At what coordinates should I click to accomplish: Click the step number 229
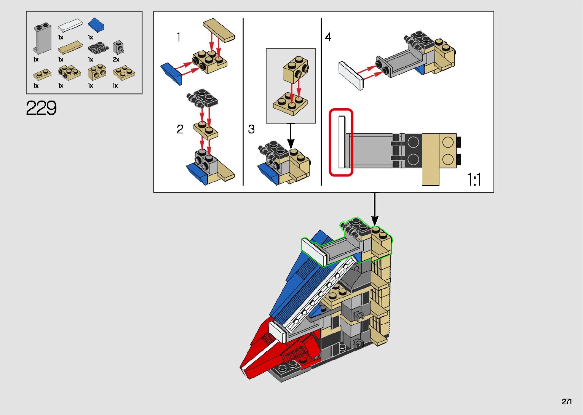coord(42,108)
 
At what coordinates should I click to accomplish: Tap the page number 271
coord(567,401)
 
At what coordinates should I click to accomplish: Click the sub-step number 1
coord(178,37)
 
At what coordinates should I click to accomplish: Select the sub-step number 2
coord(180,129)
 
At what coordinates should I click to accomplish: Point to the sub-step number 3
coord(251,129)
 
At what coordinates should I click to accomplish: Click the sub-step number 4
coord(328,37)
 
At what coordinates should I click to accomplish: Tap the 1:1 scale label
coord(474,179)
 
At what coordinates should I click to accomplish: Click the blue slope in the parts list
coord(96,25)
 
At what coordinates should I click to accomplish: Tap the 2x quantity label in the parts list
coord(116,60)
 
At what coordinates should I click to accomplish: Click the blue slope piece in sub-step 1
coord(172,73)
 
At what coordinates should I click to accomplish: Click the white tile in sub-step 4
coord(351,75)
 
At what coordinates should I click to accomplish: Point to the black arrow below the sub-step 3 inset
coord(291,137)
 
